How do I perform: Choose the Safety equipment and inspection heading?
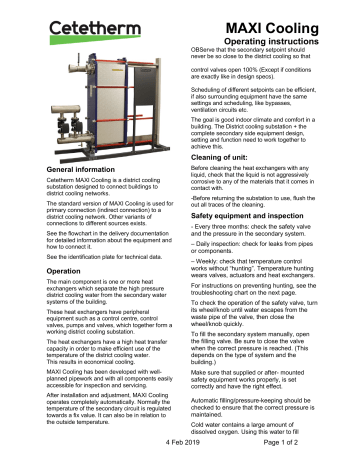pyautogui.click(x=264, y=216)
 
